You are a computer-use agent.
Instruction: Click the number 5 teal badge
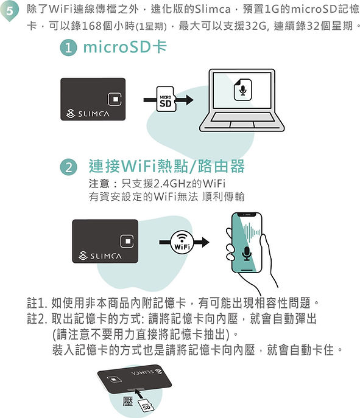9,11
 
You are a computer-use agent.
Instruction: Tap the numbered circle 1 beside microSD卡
68,47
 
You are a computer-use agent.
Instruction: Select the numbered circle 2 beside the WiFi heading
69,167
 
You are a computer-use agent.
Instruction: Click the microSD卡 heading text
125,47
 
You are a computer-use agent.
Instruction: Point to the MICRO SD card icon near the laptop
166,99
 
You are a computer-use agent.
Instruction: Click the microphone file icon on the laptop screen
242,89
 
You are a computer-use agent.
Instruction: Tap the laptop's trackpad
242,125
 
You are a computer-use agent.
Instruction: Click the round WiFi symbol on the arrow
182,242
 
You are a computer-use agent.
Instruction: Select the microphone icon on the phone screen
247,254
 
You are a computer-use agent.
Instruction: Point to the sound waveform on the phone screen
252,231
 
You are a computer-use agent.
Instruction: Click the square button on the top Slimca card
115,99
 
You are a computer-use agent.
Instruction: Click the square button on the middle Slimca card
127,242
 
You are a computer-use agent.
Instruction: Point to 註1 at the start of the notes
37,303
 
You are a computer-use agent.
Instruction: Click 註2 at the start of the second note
37,319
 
